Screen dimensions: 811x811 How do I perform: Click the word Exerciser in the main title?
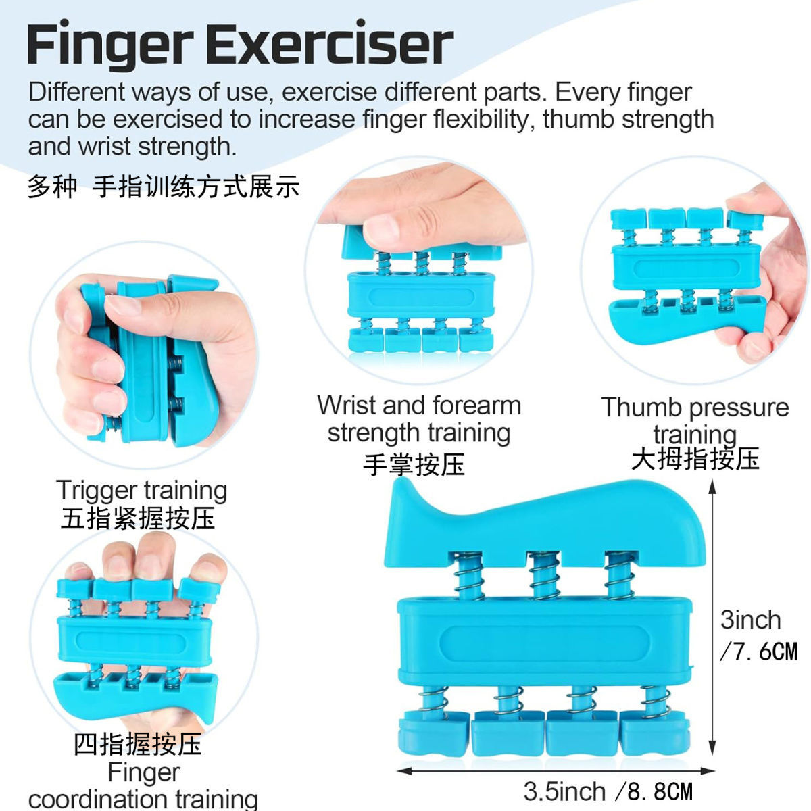(329, 45)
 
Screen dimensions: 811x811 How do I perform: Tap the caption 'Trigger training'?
(141, 490)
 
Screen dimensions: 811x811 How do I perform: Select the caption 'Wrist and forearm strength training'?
(419, 419)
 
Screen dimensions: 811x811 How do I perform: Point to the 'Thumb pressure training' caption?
(695, 419)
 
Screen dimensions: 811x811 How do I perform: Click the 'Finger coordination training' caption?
(143, 785)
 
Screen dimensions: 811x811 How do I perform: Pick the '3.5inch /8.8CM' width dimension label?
(608, 791)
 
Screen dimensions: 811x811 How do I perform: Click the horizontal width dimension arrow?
(554, 769)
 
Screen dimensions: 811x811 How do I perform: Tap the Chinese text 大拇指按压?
(695, 459)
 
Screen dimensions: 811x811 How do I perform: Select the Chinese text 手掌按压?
(414, 465)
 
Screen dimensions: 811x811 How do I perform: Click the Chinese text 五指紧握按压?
(138, 518)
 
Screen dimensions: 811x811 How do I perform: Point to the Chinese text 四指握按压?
(138, 744)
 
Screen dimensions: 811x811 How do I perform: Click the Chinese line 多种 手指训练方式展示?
(163, 187)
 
